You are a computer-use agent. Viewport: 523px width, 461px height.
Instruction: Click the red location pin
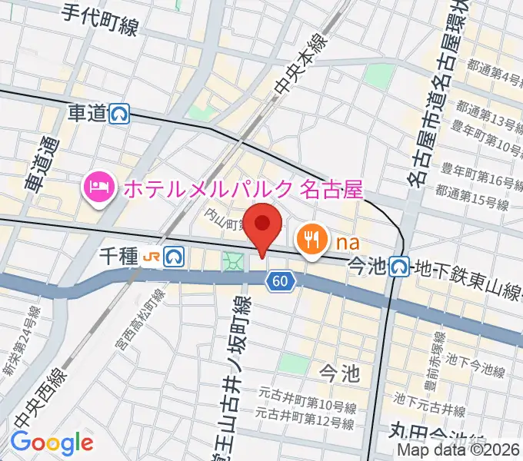pyautogui.click(x=265, y=227)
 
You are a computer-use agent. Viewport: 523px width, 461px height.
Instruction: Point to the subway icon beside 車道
pyautogui.click(x=119, y=114)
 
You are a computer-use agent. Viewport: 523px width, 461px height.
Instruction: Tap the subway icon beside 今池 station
pyautogui.click(x=398, y=266)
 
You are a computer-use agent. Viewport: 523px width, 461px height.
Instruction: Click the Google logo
pyautogui.click(x=51, y=443)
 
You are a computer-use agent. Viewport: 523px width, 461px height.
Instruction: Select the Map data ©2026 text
pyautogui.click(x=459, y=451)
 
